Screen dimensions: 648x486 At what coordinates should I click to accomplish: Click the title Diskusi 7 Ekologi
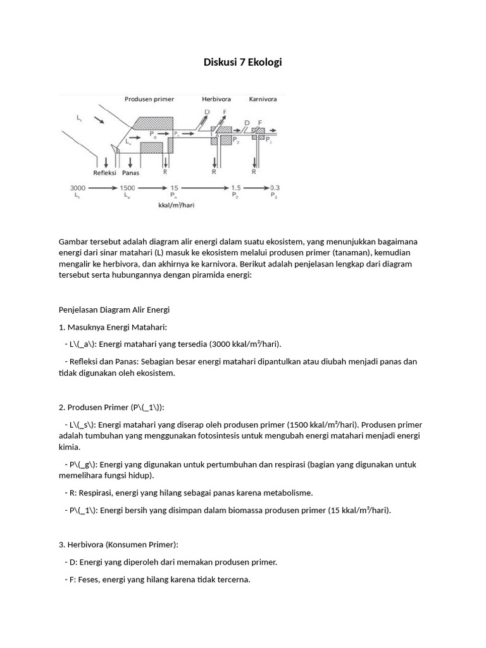coord(242,62)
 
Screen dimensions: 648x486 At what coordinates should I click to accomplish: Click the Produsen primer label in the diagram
coord(149,99)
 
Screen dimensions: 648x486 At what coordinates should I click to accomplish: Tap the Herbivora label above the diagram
coord(216,99)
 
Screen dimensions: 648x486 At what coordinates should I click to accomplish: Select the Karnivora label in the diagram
coord(261,99)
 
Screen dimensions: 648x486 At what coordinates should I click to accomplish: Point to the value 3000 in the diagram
coord(79,188)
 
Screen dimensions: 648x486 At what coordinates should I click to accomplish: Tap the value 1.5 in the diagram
coord(236,188)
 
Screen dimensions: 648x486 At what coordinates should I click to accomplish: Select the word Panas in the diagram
coord(131,171)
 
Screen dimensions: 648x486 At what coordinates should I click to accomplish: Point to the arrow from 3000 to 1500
coord(103,188)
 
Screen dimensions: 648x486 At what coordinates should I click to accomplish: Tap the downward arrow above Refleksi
coord(103,161)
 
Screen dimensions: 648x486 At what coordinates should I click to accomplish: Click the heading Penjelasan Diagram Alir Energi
coord(115,309)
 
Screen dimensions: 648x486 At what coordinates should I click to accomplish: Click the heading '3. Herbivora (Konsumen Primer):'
coord(118,544)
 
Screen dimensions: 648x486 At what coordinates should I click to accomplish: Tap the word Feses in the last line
coord(85,578)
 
